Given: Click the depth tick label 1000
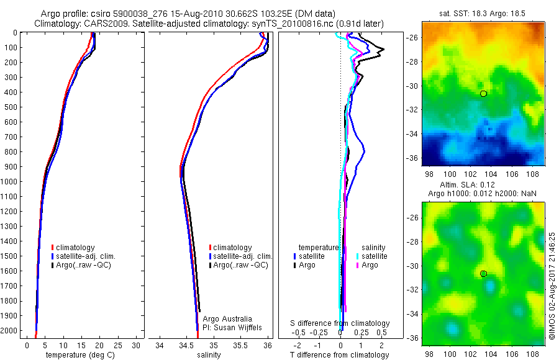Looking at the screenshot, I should [x=10, y=181].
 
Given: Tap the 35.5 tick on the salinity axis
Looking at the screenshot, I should [x=241, y=345].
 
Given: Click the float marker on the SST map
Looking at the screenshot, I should [x=483, y=93].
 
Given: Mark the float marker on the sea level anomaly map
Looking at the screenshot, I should [x=483, y=273].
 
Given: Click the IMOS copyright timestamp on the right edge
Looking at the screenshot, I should [x=552, y=286].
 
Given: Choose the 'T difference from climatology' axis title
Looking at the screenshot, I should [x=340, y=355].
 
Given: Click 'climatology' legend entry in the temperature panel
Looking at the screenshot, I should [x=76, y=248].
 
